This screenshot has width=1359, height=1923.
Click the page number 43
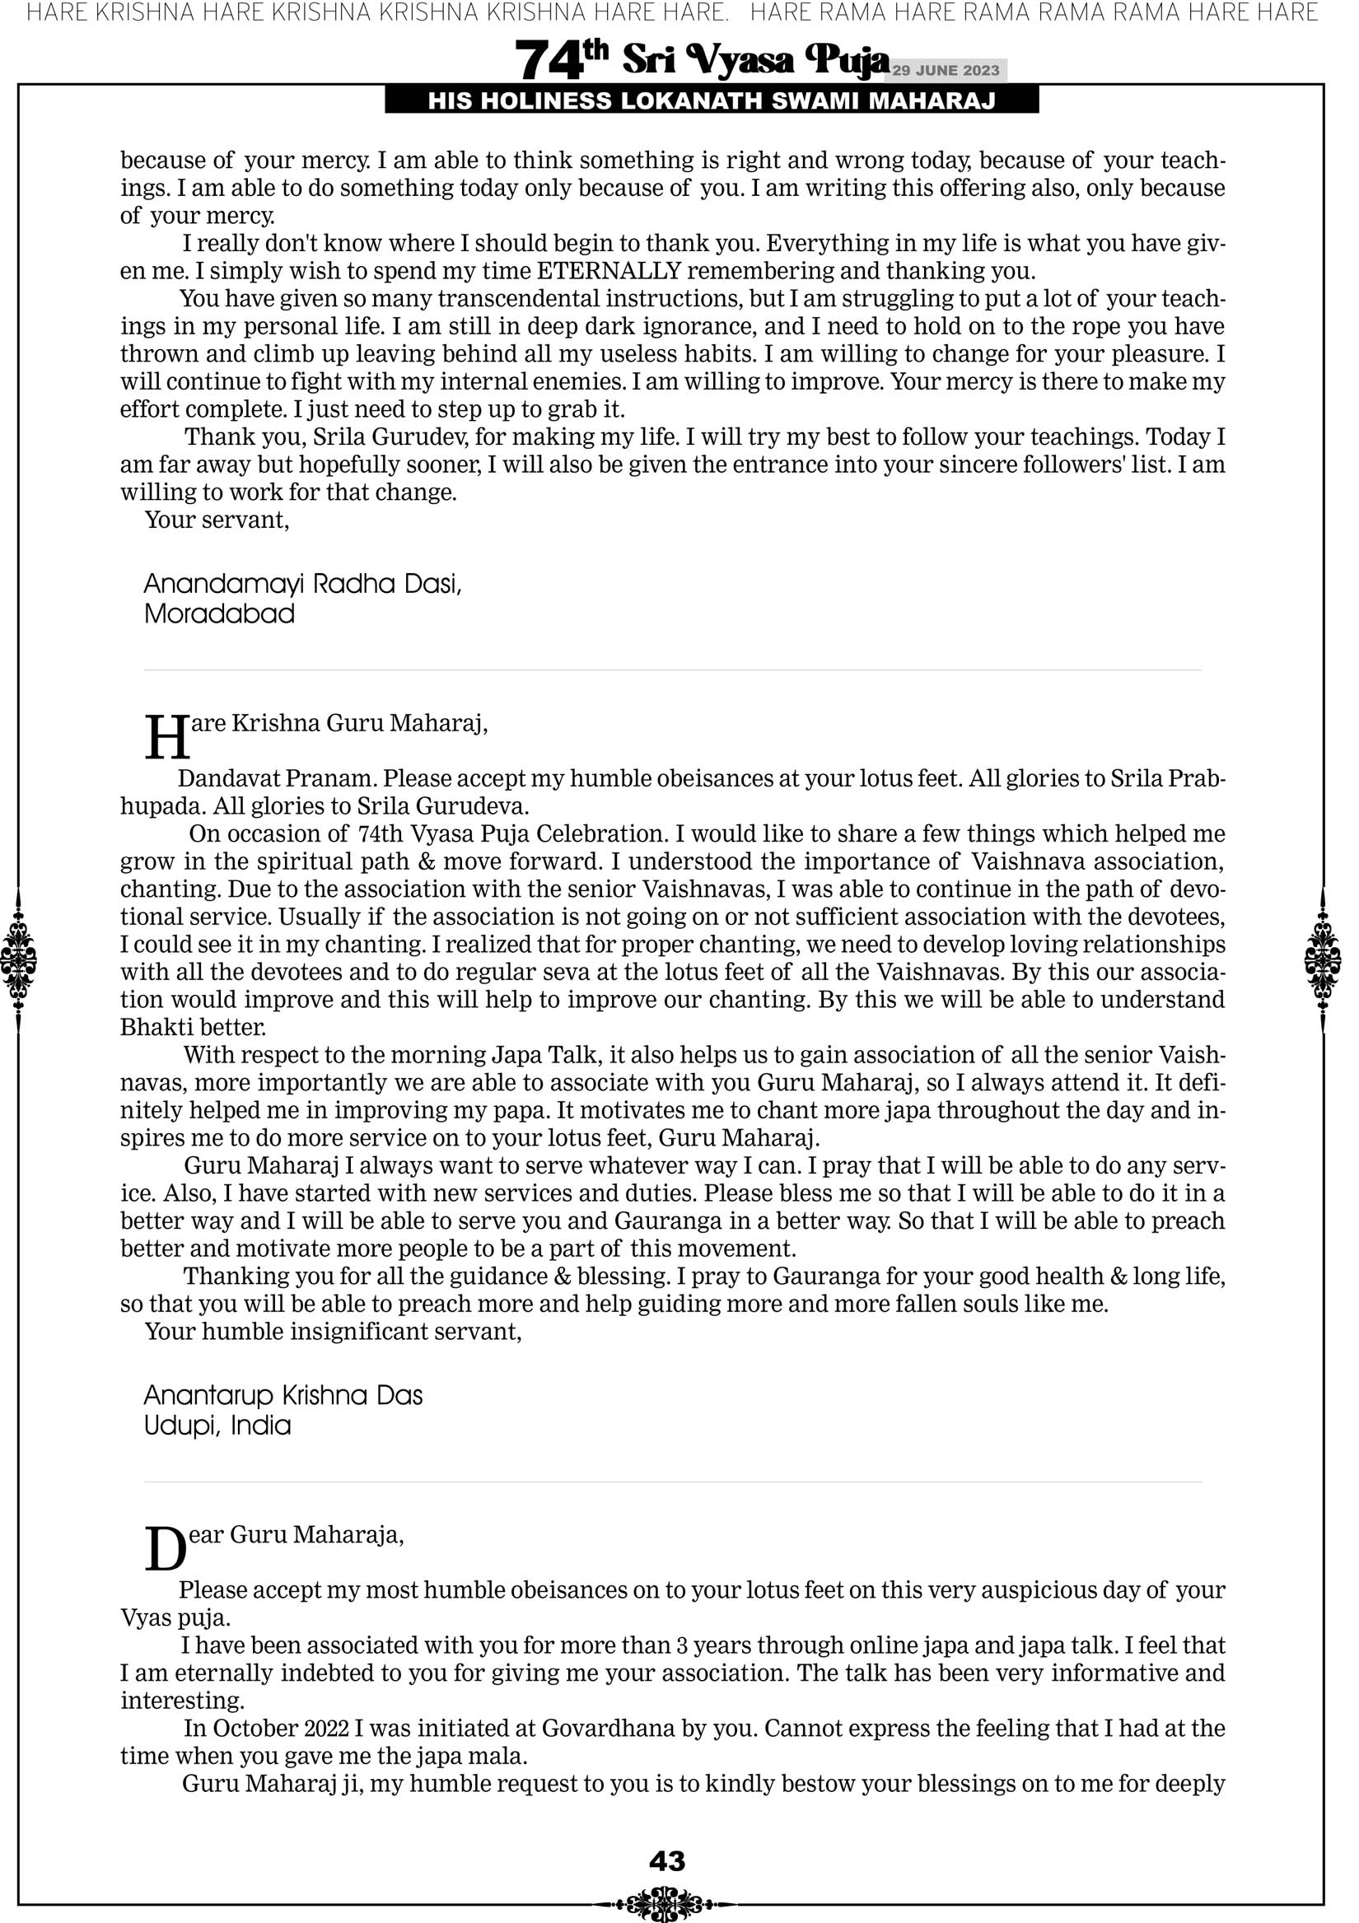pyautogui.click(x=667, y=1861)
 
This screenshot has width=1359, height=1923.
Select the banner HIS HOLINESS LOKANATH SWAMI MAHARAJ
pyautogui.click(x=712, y=101)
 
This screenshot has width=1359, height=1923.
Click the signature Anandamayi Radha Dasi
pyautogui.click(x=302, y=584)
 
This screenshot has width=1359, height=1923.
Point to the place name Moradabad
pyautogui.click(x=220, y=614)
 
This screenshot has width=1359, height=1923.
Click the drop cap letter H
pyautogui.click(x=166, y=737)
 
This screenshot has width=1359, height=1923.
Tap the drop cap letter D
pyautogui.click(x=165, y=1548)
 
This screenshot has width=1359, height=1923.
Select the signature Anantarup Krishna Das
pyautogui.click(x=283, y=1395)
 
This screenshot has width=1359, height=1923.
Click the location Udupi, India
pyautogui.click(x=217, y=1426)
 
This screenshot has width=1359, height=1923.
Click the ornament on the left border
pyautogui.click(x=18, y=959)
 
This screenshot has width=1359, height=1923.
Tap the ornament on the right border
pyautogui.click(x=1323, y=959)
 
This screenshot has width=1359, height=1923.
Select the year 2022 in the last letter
pyautogui.click(x=327, y=1729)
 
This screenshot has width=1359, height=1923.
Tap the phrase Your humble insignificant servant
pyautogui.click(x=333, y=1332)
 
